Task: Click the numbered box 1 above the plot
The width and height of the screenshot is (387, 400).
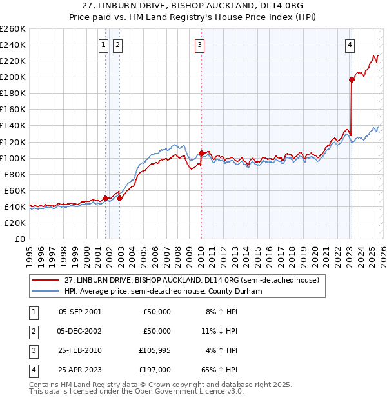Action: point(103,45)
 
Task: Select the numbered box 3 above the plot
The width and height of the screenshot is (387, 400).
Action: point(200,45)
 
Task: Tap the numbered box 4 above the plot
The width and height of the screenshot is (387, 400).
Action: point(349,45)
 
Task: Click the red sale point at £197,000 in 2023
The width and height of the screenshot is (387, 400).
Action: point(352,79)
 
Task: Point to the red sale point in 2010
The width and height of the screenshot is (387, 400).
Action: point(202,153)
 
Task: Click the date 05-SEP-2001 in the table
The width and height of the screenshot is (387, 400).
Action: point(79,312)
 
